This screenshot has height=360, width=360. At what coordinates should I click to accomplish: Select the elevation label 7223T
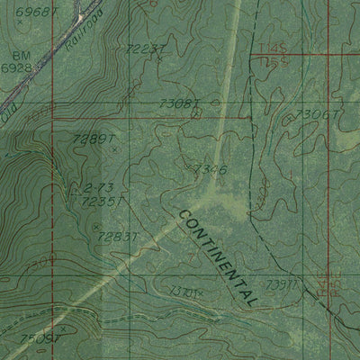[148, 48]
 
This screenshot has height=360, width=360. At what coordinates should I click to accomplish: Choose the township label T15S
[265, 65]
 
